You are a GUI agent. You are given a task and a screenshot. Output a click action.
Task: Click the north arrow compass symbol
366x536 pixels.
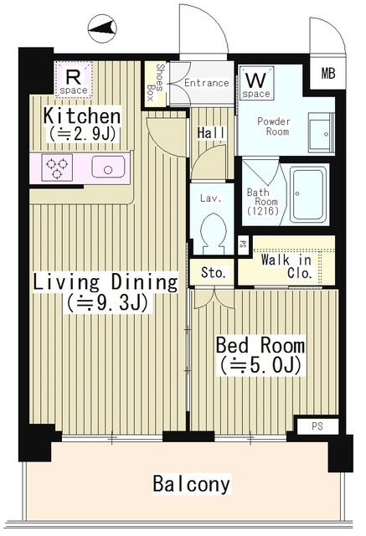point(103,30)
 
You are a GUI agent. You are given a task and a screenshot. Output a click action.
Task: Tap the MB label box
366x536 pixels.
point(327,74)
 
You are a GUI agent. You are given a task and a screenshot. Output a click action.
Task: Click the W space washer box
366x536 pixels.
point(256,85)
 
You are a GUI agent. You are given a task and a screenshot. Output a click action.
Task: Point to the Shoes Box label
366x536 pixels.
point(156,82)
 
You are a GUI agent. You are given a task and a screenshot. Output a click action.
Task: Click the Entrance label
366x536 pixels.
point(206,83)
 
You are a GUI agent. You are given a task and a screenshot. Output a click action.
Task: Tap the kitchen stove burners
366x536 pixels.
point(57,167)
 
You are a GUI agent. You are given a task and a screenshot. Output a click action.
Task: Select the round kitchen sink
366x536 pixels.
point(109,167)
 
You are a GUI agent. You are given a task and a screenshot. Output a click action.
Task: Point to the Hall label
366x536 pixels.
point(210,133)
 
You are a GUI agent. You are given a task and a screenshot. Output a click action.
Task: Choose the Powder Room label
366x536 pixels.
point(273,126)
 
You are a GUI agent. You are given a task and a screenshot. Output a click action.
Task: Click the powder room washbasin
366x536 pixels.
point(319,133)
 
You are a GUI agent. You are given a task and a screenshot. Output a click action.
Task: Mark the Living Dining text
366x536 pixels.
point(105,282)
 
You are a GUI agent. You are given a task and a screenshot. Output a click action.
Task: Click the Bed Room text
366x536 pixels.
point(260,345)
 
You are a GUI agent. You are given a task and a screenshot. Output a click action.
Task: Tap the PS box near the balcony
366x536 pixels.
point(317,426)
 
